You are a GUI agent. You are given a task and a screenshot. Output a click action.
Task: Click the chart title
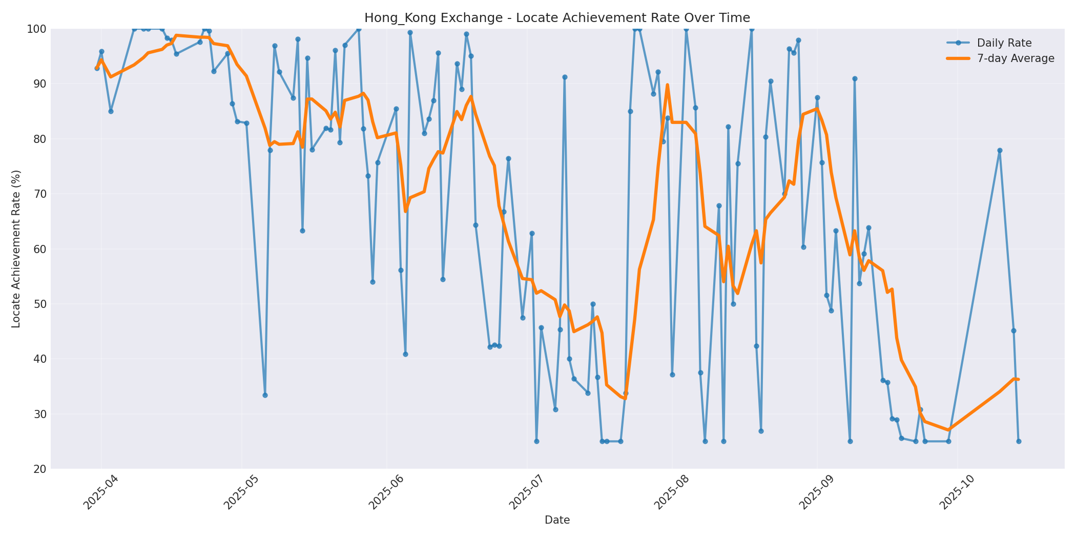point(557,18)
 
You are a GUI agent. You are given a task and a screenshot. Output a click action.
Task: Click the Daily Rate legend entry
point(1004,43)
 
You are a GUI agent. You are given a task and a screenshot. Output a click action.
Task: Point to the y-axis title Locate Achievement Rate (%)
point(16,249)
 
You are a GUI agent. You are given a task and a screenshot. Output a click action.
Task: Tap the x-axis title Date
point(557,520)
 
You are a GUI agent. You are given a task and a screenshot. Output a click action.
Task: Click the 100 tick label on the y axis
point(37,29)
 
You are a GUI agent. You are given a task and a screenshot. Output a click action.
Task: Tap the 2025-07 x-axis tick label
point(527,492)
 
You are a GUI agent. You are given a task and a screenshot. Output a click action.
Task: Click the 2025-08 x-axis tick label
point(672,492)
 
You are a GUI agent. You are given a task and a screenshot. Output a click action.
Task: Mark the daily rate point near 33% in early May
point(265,395)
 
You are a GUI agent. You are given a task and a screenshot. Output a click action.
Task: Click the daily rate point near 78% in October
point(999,151)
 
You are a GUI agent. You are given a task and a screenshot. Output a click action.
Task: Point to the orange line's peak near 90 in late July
point(667,85)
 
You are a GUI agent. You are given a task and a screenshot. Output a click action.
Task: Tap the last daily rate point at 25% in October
point(1019,441)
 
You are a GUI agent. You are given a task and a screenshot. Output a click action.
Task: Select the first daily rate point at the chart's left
point(97,68)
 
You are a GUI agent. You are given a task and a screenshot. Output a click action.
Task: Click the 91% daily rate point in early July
point(565,77)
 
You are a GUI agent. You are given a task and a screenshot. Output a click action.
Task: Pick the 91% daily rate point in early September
point(855,79)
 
